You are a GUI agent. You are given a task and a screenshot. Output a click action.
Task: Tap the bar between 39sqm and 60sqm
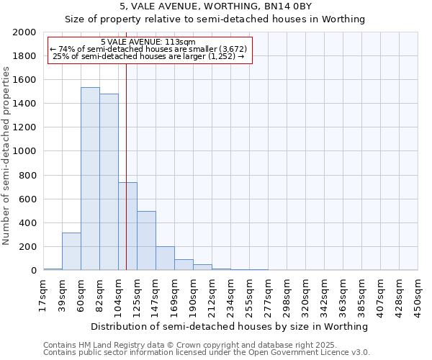tap(71, 251)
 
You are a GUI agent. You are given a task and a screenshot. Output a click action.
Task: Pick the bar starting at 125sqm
tap(146, 240)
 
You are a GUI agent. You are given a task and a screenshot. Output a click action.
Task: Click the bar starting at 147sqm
tap(165, 258)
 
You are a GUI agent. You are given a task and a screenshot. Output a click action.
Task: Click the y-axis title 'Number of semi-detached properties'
tap(6, 155)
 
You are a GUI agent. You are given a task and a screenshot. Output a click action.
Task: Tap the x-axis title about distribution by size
tap(230, 326)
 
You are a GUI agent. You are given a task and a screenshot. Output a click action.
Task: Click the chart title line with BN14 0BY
tap(215, 6)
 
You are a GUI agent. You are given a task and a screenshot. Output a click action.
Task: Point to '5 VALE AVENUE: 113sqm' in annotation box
tap(148, 42)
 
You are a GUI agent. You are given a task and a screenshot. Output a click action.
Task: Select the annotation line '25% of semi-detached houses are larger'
tap(148, 56)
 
